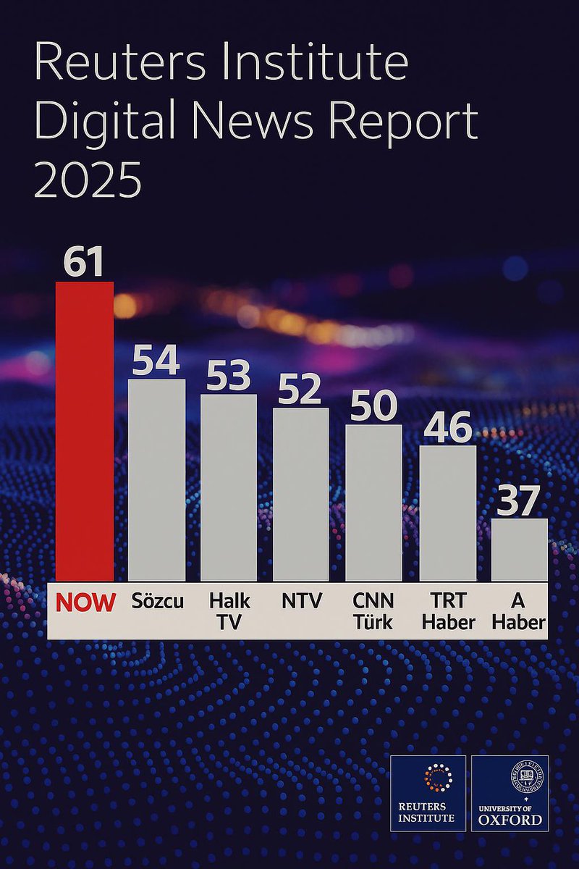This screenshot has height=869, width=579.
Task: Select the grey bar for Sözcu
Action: pos(156,479)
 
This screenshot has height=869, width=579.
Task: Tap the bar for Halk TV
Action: pos(229,487)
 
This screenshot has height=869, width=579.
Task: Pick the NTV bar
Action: pos(300,494)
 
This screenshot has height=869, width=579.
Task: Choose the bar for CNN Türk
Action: pos(373,502)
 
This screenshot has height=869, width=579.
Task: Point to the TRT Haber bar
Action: pos(448,513)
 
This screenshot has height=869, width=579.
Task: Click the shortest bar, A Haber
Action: pos(520,549)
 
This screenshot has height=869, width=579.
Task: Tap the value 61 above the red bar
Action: pos(84,262)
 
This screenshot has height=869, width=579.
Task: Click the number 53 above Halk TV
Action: pos(229,375)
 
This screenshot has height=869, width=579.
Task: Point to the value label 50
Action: pos(373,406)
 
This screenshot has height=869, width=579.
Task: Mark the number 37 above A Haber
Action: pos(519,500)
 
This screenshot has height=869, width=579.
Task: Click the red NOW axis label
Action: pos(85,603)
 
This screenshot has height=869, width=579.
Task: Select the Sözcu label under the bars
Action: pos(158,601)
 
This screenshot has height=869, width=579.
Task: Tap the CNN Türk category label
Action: pos(373,611)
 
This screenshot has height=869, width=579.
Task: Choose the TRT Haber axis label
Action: pos(448,611)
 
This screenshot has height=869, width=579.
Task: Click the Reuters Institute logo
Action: pos(428,793)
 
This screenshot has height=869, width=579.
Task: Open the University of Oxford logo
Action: pos(510,793)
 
